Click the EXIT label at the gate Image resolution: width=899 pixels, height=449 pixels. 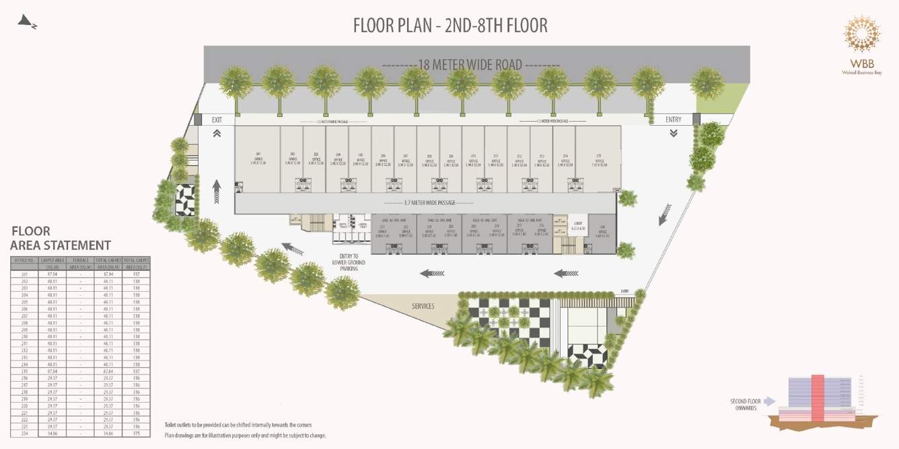pyautogui.click(x=217, y=120)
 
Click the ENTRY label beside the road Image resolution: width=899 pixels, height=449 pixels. pyautogui.click(x=673, y=120)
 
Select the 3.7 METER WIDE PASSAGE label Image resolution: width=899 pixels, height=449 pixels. pyautogui.click(x=429, y=202)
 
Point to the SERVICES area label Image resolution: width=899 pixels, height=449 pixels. pyautogui.click(x=423, y=306)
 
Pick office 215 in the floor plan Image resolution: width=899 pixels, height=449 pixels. pyautogui.click(x=598, y=158)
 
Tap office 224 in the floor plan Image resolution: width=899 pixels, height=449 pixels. pyautogui.click(x=602, y=232)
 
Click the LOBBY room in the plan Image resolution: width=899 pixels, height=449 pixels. pyautogui.click(x=578, y=227)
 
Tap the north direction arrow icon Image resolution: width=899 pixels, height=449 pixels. pyautogui.click(x=28, y=22)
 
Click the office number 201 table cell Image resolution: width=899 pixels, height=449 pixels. pyautogui.click(x=24, y=274)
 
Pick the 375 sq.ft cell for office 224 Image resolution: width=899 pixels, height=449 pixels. pyautogui.click(x=137, y=434)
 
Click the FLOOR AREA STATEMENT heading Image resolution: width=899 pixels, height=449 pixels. pyautogui.click(x=61, y=238)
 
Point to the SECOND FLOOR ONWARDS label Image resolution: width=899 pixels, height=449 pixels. pyautogui.click(x=745, y=405)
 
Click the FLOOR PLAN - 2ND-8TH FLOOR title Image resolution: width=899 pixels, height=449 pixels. pyautogui.click(x=450, y=26)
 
